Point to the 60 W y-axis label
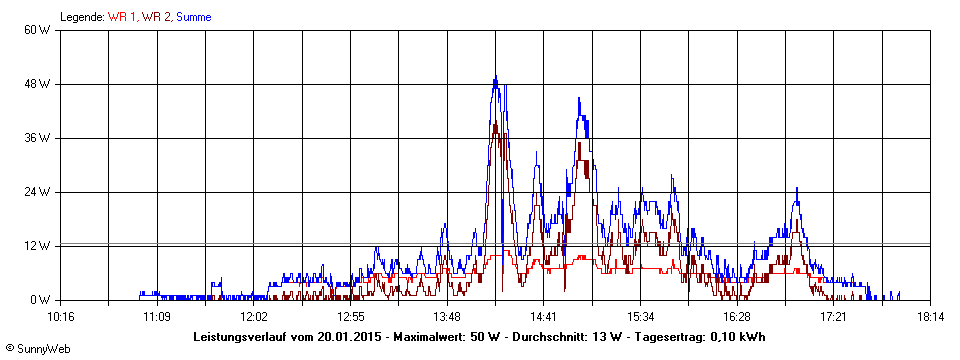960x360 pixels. (x=38, y=30)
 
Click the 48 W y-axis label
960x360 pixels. (x=38, y=84)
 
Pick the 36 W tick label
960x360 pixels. (x=38, y=138)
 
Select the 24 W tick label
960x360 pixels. (x=38, y=192)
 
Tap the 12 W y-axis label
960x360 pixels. (x=38, y=246)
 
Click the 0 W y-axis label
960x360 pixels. (x=41, y=300)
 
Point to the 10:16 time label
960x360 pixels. (x=61, y=317)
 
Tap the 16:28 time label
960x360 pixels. (x=737, y=317)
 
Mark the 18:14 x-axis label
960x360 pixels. (x=930, y=317)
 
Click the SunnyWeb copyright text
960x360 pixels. (x=35, y=348)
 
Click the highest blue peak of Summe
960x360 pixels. (x=495, y=78)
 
